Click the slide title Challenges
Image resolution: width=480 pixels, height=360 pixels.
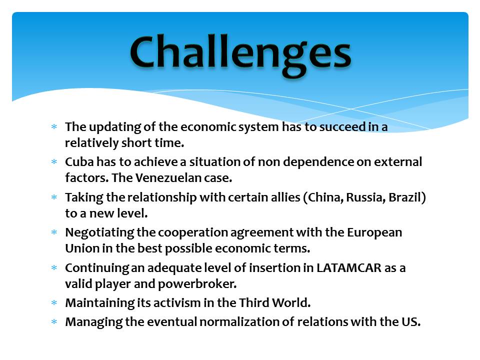tap(240, 54)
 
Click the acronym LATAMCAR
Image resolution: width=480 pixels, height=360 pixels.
tap(349, 268)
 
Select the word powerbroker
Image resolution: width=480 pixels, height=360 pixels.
tap(197, 284)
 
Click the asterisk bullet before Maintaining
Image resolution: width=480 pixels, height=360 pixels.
tap(54, 303)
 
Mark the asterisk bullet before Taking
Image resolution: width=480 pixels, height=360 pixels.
tap(54, 197)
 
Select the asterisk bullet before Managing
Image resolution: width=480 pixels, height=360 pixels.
tap(54, 321)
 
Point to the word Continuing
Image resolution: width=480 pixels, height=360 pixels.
tap(97, 268)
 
